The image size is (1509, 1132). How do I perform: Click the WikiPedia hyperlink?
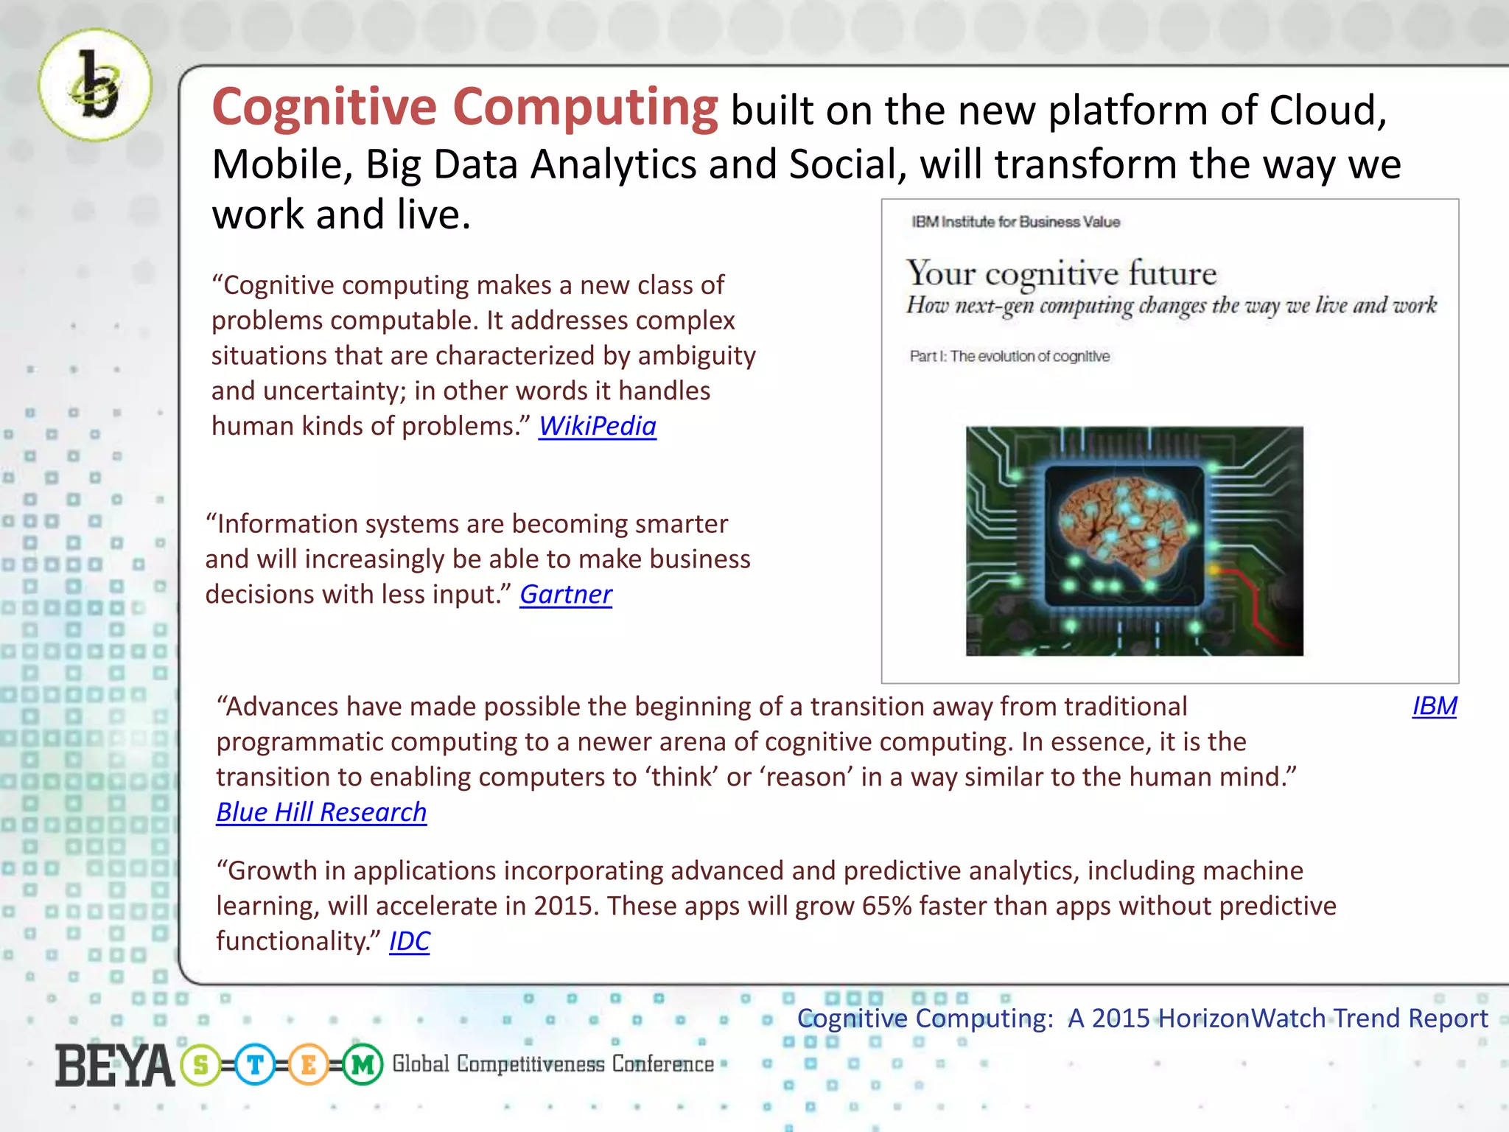coord(597,427)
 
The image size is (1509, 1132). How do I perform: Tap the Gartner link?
coord(565,595)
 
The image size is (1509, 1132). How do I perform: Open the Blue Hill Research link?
coord(321,812)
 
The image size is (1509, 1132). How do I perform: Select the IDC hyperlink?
coord(409,942)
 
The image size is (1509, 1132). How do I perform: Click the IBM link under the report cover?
coord(1434,707)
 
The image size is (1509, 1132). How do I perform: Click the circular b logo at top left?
coord(96,85)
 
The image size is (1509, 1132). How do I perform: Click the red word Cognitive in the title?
coord(325,108)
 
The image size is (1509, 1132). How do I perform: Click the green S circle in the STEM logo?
coord(200,1066)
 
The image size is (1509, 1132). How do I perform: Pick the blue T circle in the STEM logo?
coord(255,1066)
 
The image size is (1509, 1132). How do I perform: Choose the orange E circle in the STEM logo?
coord(309,1066)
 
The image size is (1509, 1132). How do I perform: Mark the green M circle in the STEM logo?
coord(363,1066)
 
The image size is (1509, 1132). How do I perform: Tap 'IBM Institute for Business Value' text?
coord(1015,222)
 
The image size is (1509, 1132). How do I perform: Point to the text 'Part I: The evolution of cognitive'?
coord(1009,357)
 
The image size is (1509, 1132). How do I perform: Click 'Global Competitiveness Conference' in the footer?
coord(553,1064)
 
